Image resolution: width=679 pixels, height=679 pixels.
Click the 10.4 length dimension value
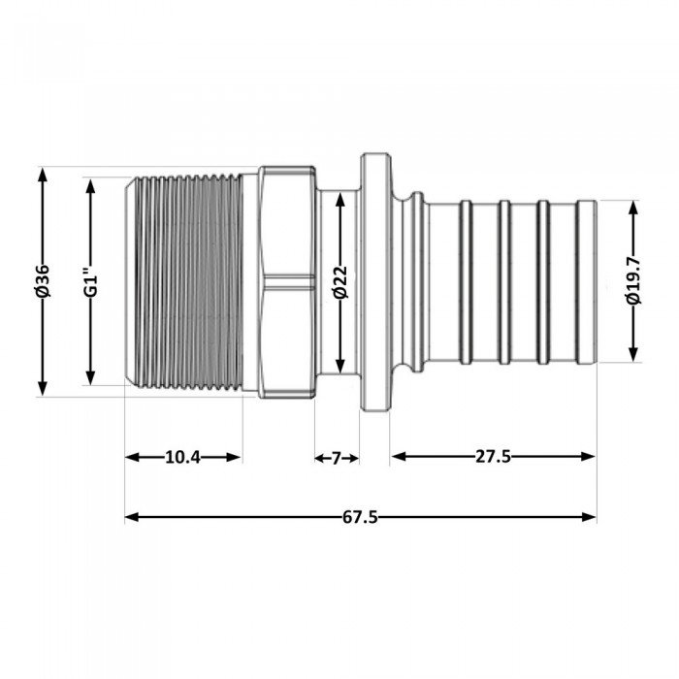click(x=183, y=458)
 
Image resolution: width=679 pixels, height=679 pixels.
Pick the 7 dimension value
click(x=336, y=458)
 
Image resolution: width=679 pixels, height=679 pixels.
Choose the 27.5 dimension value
click(x=493, y=458)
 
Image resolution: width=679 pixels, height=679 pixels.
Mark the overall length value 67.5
click(x=360, y=517)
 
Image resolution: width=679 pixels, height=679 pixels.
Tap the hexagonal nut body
click(x=287, y=282)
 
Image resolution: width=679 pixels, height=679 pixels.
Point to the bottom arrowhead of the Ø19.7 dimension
click(x=633, y=355)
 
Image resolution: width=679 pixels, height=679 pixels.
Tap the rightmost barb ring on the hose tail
click(x=586, y=282)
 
